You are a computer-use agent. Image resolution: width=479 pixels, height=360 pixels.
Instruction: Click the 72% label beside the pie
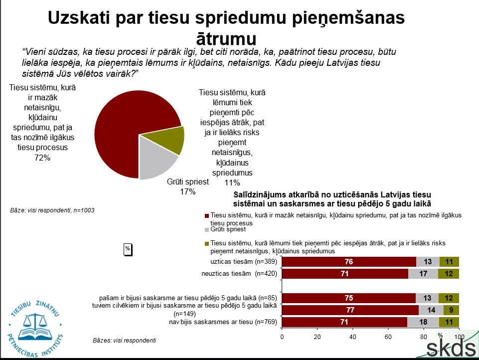[42, 158]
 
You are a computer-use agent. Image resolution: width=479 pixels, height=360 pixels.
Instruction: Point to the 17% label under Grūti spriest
[187, 191]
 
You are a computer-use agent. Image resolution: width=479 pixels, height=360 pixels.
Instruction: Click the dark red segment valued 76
[349, 262]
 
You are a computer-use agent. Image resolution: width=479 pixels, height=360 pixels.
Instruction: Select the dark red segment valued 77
[350, 311]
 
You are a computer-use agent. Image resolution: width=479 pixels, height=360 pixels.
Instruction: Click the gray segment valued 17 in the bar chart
[423, 273]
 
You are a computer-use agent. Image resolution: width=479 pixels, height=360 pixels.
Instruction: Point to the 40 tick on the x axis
[353, 337]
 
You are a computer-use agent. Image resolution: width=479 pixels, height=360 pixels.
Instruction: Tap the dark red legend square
[207, 215]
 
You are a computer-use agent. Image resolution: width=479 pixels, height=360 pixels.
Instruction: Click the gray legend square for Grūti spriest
[207, 230]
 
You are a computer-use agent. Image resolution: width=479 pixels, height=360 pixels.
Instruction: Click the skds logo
[451, 348]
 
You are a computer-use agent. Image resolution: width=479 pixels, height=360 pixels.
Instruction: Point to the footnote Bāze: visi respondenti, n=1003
[52, 210]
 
